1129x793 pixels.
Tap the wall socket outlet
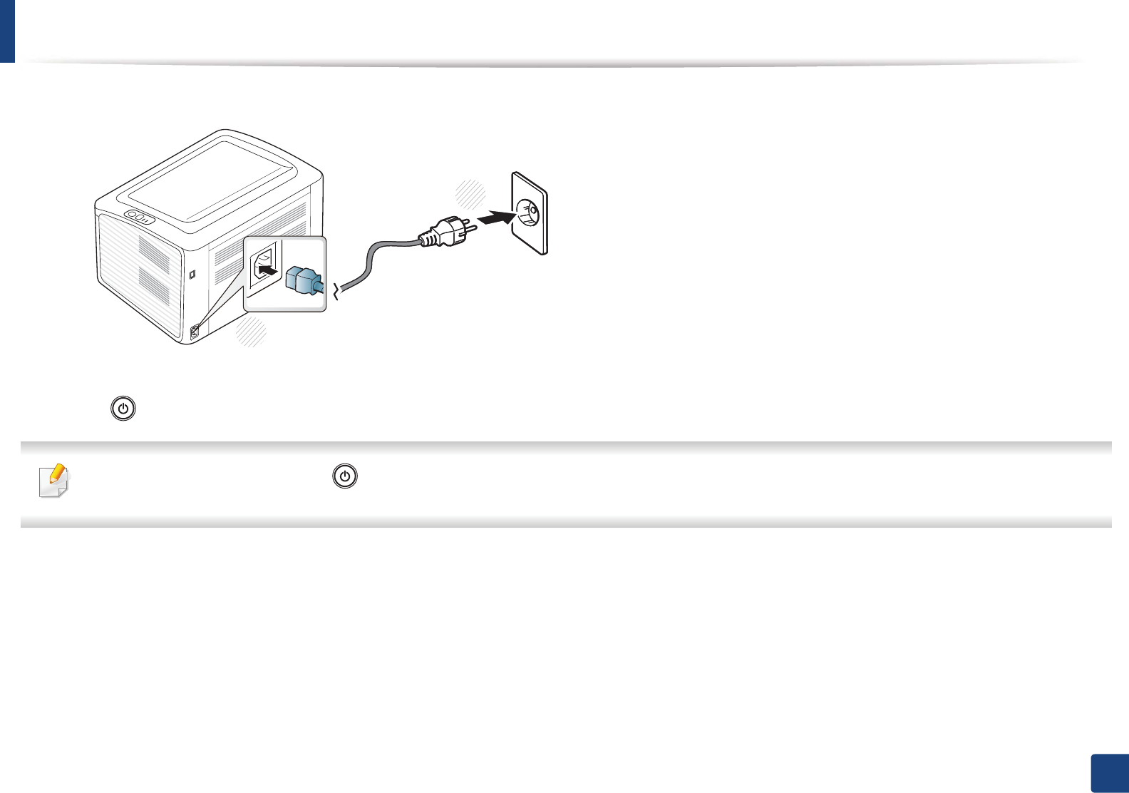click(529, 212)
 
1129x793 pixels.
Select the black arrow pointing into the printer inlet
click(267, 271)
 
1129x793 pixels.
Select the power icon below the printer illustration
click(123, 409)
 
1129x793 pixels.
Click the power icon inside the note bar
click(345, 477)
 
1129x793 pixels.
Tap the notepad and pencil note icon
click(53, 480)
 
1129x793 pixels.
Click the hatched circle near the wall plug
click(470, 194)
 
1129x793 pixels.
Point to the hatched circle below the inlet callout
click(252, 332)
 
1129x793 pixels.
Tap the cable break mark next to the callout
click(336, 292)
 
